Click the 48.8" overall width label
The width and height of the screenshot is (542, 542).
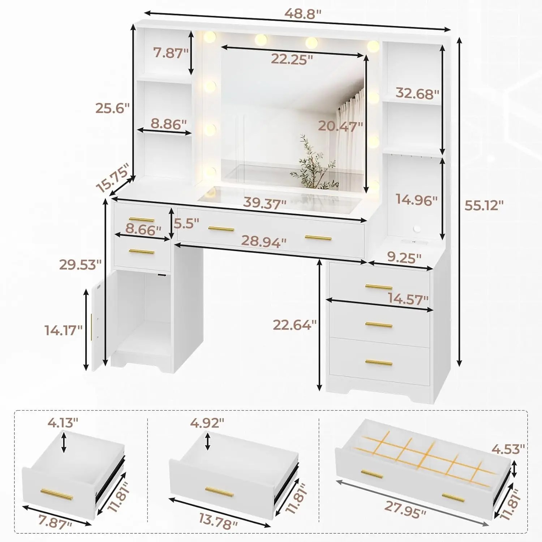(302, 14)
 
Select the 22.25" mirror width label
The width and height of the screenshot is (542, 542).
(292, 59)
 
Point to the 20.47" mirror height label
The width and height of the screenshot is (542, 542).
(340, 126)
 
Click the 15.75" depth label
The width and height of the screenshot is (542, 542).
(113, 178)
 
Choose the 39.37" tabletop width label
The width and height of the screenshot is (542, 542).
(264, 203)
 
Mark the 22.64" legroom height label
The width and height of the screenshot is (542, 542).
(294, 325)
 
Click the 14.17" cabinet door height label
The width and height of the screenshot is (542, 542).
(64, 330)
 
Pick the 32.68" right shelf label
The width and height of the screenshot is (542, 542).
(417, 93)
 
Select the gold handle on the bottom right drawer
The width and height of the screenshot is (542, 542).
(378, 362)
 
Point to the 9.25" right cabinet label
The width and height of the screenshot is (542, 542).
(404, 258)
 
